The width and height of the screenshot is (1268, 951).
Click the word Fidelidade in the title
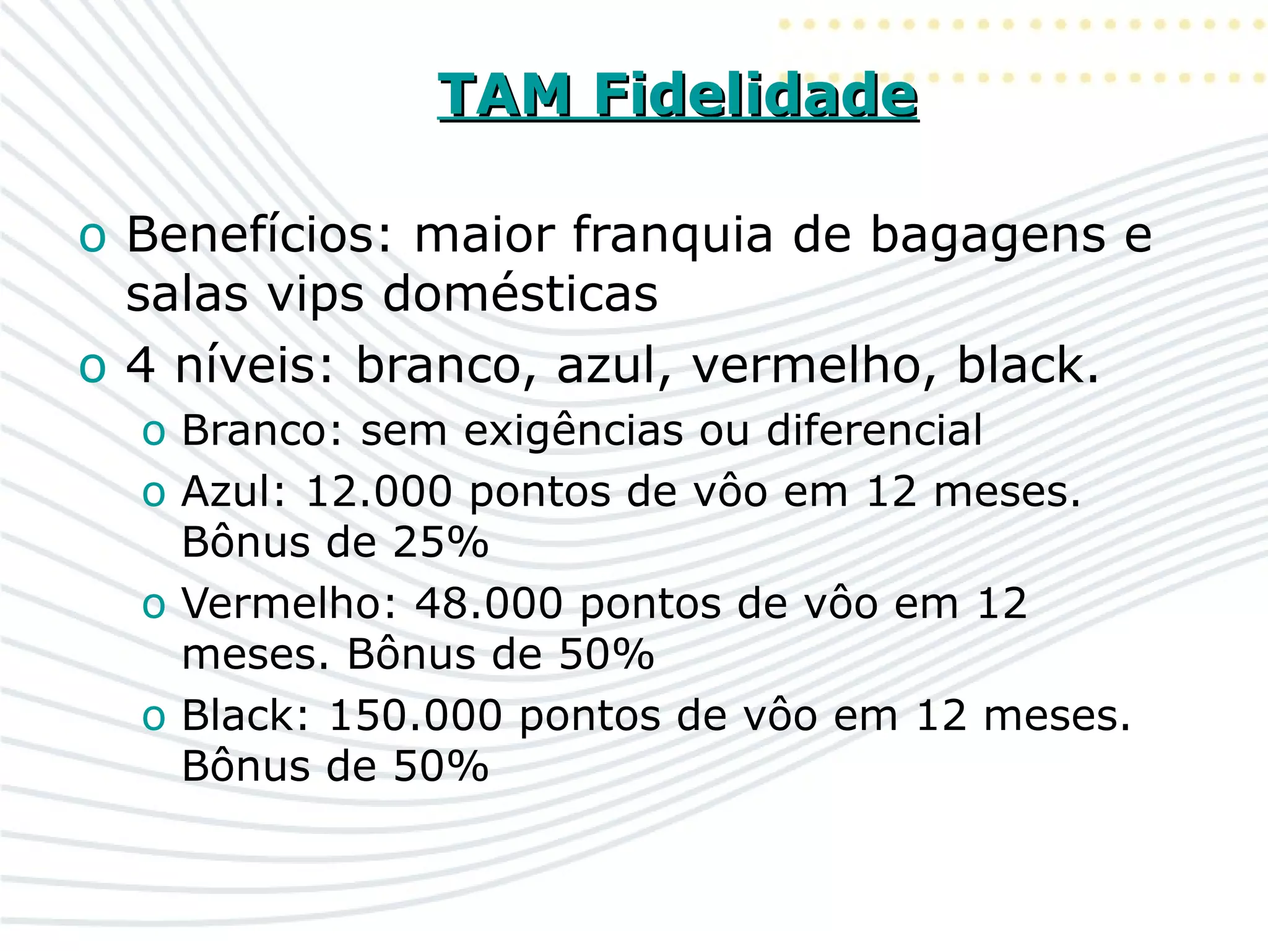(x=755, y=95)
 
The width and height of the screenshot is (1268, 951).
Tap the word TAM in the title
(x=505, y=95)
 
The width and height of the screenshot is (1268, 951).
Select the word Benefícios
(x=259, y=235)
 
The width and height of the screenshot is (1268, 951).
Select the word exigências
(x=573, y=431)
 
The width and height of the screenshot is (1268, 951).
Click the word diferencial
(x=874, y=430)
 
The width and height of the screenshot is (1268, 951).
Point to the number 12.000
(x=379, y=493)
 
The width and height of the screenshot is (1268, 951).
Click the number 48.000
(x=489, y=603)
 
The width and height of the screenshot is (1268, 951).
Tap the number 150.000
(x=415, y=716)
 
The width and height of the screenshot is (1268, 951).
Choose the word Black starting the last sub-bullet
(x=245, y=716)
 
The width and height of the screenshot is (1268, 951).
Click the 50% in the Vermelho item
(x=606, y=654)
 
